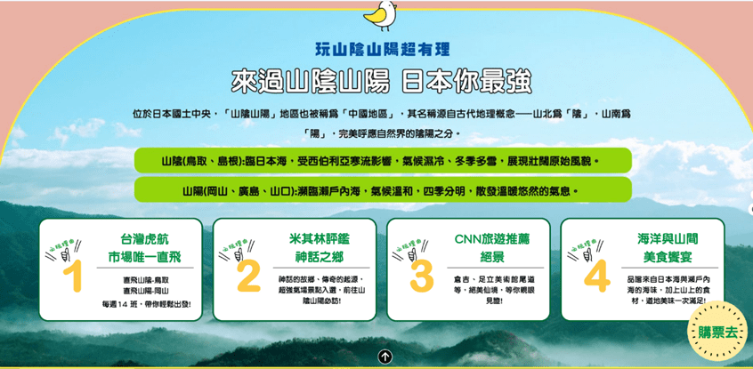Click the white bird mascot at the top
click(x=380, y=15)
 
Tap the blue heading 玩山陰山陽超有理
click(x=382, y=49)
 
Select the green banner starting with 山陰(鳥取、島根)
click(x=383, y=160)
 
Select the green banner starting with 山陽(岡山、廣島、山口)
click(x=383, y=189)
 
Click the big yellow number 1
click(x=72, y=276)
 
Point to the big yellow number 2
click(x=248, y=276)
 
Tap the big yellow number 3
click(x=422, y=276)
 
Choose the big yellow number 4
click(x=597, y=276)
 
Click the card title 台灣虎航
click(x=144, y=239)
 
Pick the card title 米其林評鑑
click(x=319, y=239)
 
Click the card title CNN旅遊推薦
click(x=491, y=239)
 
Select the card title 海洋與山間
click(x=668, y=239)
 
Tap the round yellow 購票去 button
click(x=717, y=331)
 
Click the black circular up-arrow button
click(x=385, y=357)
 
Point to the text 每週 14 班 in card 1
click(x=121, y=303)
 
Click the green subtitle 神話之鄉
click(x=319, y=256)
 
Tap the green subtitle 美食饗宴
click(x=668, y=256)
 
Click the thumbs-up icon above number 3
click(x=412, y=253)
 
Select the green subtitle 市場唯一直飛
click(x=144, y=256)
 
